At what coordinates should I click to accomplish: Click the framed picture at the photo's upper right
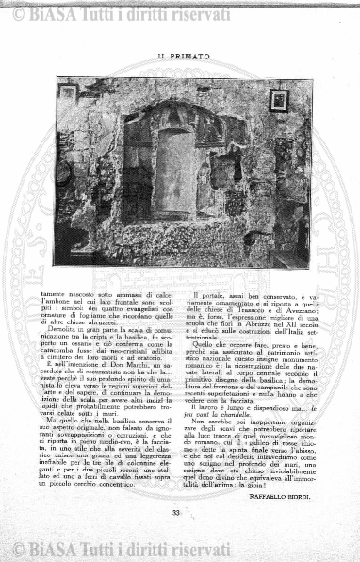[278, 100]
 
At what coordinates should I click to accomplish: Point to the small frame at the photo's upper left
[68, 93]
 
